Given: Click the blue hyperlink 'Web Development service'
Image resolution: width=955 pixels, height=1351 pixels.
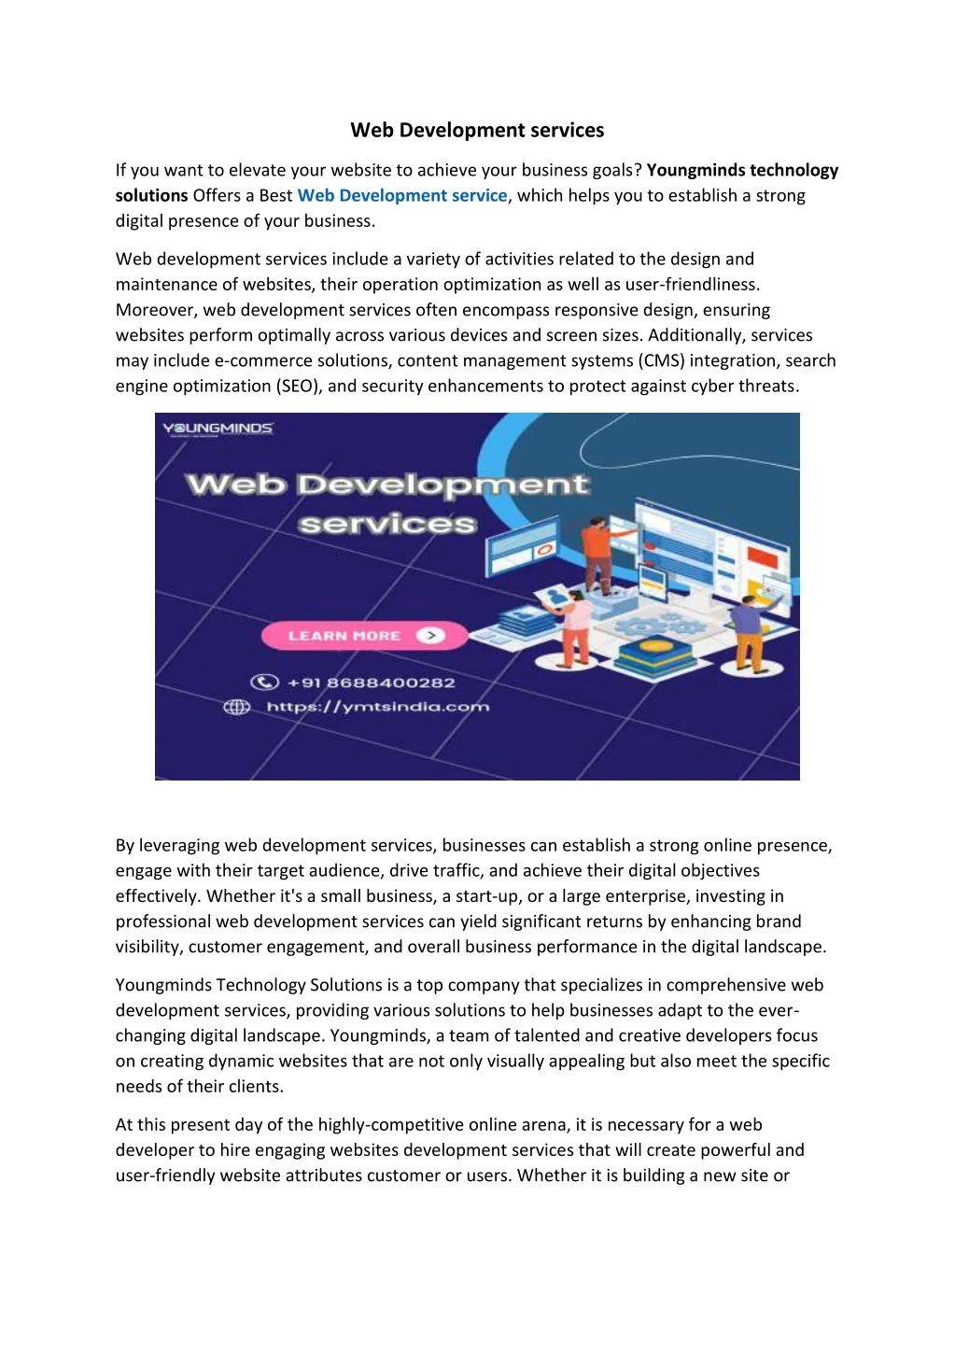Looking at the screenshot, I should [401, 196].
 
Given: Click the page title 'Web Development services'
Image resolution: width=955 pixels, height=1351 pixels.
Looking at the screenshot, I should [477, 131].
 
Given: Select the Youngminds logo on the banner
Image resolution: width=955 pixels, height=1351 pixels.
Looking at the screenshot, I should [218, 429].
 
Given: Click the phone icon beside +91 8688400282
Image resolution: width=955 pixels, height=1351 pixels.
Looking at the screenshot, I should [264, 683].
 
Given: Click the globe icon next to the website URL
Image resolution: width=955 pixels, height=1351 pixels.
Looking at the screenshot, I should [237, 707].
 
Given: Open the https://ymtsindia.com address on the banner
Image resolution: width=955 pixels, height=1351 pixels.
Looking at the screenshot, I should [377, 707].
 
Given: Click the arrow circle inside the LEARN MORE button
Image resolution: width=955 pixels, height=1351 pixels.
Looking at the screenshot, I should [430, 636].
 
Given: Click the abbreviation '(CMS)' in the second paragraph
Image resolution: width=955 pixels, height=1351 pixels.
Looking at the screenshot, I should [662, 361].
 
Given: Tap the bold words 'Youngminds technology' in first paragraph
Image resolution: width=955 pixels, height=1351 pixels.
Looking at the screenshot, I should [742, 170].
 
